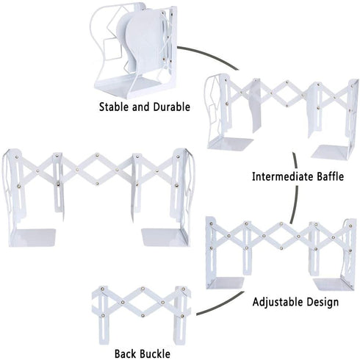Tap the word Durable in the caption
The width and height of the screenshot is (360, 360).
tap(172, 107)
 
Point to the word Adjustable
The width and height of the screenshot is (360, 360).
tap(277, 302)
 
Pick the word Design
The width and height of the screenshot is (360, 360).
tap(323, 302)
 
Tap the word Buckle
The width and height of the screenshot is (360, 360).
tap(155, 353)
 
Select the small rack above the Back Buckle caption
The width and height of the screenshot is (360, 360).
tap(142, 315)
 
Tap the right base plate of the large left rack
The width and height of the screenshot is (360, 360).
tap(164, 237)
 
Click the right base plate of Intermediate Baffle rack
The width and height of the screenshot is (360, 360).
tap(332, 151)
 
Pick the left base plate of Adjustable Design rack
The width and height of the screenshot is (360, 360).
tap(226, 283)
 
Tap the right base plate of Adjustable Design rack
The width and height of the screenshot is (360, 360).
tap(334, 284)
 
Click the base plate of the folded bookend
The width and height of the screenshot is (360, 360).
tap(127, 87)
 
